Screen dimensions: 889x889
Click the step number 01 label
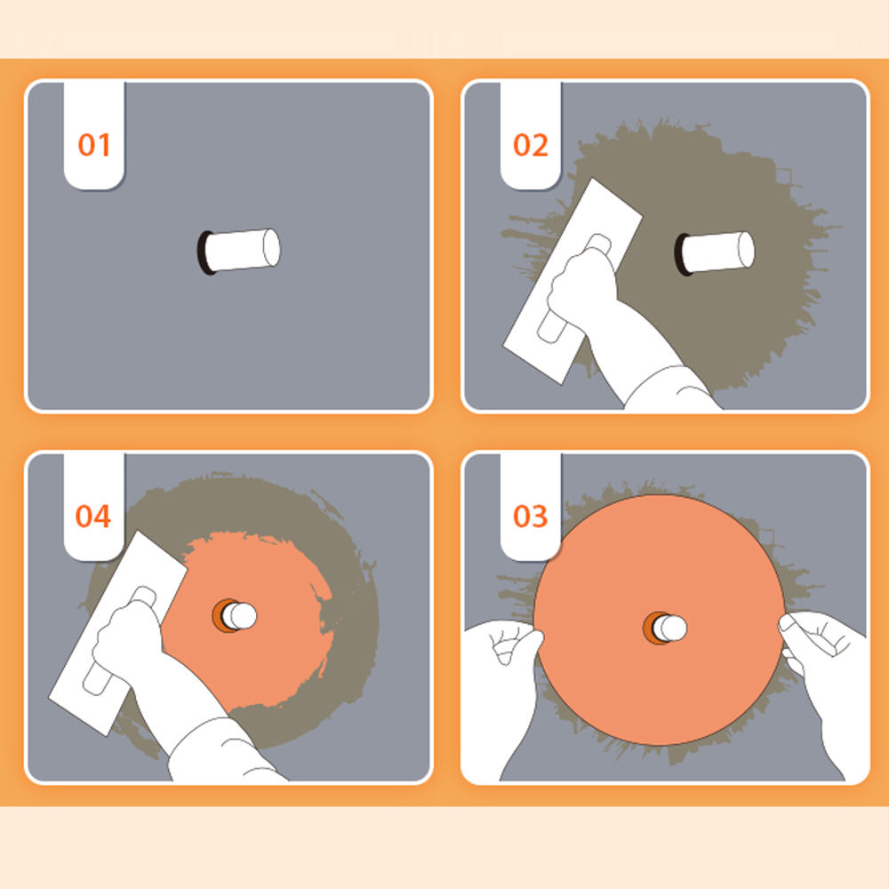94,145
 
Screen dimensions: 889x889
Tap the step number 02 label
531,145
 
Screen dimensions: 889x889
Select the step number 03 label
531,517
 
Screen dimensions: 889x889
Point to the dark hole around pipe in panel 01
204,252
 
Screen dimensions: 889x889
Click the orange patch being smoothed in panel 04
267,658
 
